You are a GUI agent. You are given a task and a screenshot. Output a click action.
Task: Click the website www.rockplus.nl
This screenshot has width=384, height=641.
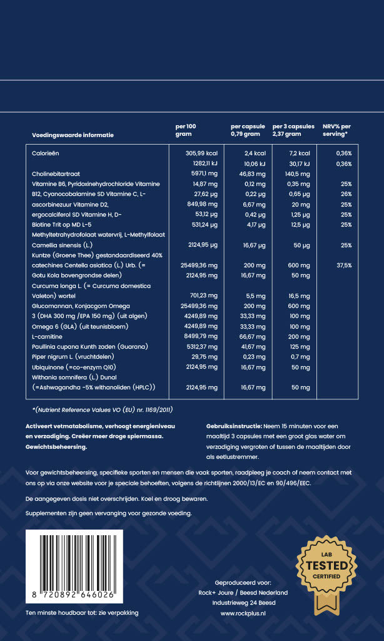(x=243, y=614)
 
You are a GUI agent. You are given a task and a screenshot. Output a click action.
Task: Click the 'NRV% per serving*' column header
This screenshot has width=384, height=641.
(x=336, y=130)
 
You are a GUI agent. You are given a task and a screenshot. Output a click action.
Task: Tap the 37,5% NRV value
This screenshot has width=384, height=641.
(x=343, y=265)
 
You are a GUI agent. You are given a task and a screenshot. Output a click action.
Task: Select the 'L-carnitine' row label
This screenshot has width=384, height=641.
(x=46, y=337)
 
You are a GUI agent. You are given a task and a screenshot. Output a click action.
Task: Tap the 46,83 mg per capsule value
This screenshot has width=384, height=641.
(x=248, y=173)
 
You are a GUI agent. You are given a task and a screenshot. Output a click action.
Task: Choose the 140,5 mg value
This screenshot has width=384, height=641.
(x=293, y=173)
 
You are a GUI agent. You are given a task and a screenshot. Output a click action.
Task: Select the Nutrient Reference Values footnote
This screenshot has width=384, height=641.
(x=102, y=409)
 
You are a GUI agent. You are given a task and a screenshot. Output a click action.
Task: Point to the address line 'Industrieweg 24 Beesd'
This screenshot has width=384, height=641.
(x=243, y=603)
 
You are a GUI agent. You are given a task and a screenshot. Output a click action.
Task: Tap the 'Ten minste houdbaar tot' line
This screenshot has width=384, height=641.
(x=81, y=613)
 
